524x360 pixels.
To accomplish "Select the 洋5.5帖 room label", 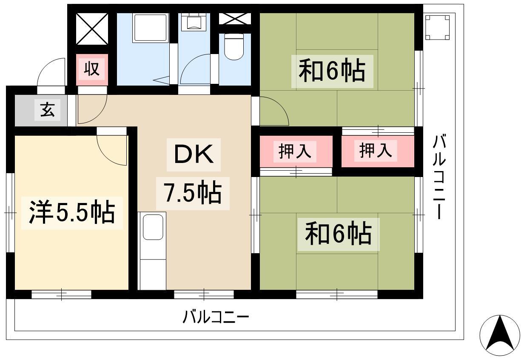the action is point(72,212).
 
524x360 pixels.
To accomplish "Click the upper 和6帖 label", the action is point(332,71).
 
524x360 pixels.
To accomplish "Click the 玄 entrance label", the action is point(48,110).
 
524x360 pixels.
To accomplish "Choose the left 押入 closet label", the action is point(295,151).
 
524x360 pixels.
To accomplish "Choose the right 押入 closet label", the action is point(376,151).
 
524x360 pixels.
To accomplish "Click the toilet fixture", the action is point(234,46).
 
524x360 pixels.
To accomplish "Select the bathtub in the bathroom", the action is point(151,28).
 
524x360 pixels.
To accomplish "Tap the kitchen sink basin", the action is point(153,227).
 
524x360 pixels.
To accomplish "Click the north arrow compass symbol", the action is point(500,336).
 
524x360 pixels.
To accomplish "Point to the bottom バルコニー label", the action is point(216,317).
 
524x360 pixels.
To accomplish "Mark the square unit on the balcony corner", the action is point(437,27).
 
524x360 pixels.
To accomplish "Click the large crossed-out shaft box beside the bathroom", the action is point(92,29).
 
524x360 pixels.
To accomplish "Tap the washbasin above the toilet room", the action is point(194,22).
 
